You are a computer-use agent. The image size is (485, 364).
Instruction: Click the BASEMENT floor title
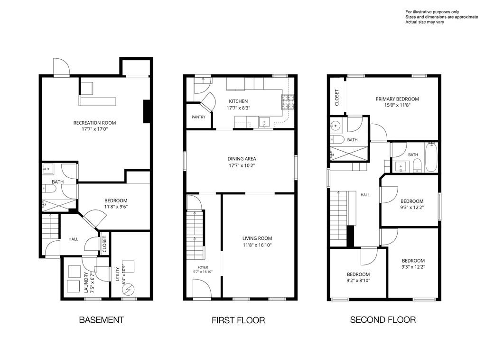102,320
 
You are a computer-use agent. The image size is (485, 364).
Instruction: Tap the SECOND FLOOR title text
383,320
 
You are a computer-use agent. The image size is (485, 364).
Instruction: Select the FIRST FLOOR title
238,320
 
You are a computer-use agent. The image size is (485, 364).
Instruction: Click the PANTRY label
198,117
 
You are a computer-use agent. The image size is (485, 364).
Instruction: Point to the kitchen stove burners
288,102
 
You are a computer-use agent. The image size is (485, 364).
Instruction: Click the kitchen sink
264,122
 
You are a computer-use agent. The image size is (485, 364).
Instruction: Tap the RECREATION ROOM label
94,123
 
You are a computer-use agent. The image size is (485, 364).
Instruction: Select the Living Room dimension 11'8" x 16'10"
257,246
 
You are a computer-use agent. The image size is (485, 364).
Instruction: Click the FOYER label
203,267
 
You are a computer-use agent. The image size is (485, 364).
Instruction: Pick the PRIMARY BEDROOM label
397,99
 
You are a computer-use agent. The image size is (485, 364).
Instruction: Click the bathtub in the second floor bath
430,157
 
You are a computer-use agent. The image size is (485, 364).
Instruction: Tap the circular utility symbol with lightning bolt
128,290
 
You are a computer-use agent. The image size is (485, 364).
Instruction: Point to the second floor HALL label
365,195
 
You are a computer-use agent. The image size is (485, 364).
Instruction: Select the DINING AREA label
242,159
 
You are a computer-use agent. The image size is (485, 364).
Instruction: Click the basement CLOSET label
104,244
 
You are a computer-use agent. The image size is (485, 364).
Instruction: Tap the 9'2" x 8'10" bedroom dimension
358,281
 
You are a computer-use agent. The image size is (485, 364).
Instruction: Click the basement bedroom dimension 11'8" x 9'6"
116,207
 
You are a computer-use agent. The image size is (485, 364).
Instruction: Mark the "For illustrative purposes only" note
432,12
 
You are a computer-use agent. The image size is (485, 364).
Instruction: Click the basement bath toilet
49,188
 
